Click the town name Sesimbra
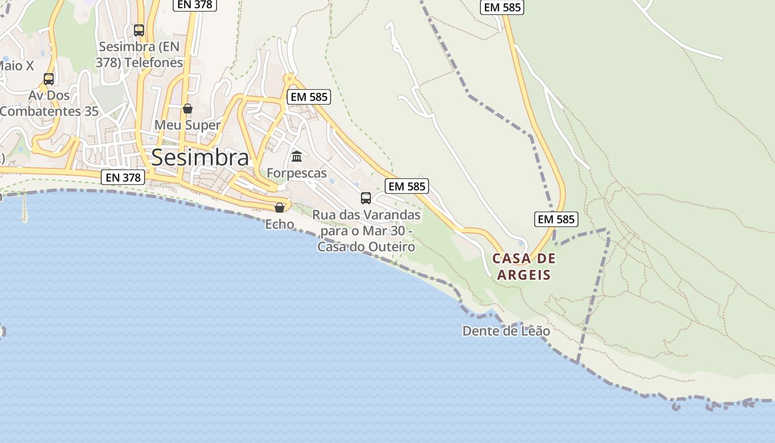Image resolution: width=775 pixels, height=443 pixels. point(200,158)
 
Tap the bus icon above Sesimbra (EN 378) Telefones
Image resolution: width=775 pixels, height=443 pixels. point(139,30)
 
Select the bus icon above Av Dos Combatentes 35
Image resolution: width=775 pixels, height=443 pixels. point(49,79)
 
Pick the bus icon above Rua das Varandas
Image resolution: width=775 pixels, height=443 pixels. point(366,198)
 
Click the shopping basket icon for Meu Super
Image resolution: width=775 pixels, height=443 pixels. point(188,109)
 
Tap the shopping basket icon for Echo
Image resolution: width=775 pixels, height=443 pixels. point(280,208)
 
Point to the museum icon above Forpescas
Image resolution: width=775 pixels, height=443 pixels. point(297,157)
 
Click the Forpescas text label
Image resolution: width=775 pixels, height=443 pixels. point(297,173)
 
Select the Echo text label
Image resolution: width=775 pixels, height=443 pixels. point(280,224)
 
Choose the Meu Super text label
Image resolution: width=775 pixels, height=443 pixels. point(188,125)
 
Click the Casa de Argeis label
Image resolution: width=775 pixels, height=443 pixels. point(524,266)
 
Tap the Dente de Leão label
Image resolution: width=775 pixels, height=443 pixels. point(506,331)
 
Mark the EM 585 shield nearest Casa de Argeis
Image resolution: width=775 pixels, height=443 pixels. point(556,219)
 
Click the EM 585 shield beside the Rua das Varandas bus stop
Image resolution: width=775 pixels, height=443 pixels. point(407,186)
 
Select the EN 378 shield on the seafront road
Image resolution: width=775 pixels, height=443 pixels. point(123,177)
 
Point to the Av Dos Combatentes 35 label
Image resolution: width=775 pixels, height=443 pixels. point(50,104)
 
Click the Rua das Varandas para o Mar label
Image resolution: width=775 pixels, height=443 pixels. point(366,230)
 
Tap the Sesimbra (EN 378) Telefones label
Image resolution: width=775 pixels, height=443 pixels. point(139,54)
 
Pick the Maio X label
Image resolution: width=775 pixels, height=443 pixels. point(17,66)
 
